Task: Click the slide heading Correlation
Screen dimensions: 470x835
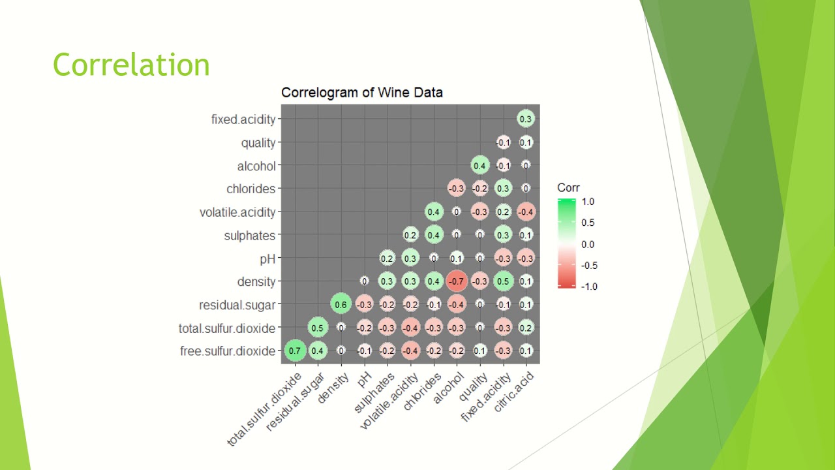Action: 131,65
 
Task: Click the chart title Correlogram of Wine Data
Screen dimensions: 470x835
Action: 361,93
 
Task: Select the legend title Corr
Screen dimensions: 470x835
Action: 568,188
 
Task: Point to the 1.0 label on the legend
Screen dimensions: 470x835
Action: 588,202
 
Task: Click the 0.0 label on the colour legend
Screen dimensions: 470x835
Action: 588,244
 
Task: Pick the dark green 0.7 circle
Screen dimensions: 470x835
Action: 294,351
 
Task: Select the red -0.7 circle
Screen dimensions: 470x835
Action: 457,281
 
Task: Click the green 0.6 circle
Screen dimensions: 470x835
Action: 341,304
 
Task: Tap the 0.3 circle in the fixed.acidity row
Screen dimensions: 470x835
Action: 526,119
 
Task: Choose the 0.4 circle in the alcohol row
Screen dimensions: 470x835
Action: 479,166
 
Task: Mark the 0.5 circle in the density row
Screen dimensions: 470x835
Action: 502,281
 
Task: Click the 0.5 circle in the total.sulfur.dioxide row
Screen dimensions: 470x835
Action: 318,328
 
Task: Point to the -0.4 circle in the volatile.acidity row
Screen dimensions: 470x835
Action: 526,212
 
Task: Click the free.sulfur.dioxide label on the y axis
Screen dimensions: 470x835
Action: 227,351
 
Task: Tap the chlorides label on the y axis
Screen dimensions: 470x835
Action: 250,189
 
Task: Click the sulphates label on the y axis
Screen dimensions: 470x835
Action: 249,236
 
